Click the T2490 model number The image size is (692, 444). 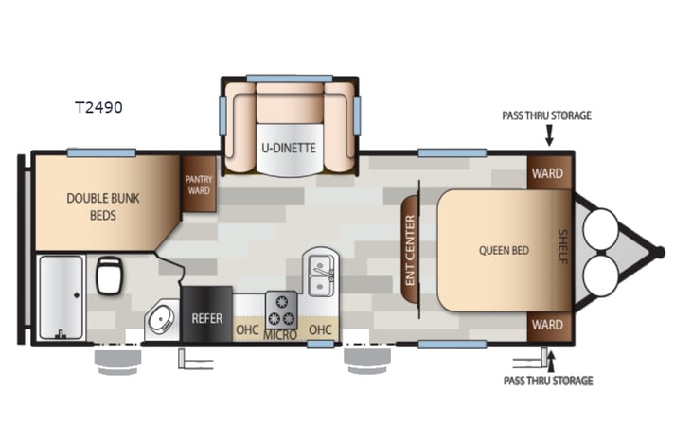click(x=98, y=108)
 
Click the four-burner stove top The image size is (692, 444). click(x=281, y=308)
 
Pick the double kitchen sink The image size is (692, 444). click(x=322, y=275)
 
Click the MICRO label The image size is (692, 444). click(x=281, y=335)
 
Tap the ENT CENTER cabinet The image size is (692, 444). click(x=410, y=250)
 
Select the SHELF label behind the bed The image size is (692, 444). click(x=562, y=248)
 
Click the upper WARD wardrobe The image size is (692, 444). click(x=548, y=173)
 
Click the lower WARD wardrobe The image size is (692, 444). click(x=548, y=325)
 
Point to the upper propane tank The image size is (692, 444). click(x=600, y=227)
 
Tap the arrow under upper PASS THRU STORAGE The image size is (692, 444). click(x=548, y=137)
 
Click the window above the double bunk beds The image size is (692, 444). click(x=101, y=152)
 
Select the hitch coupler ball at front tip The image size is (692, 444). click(x=660, y=252)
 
